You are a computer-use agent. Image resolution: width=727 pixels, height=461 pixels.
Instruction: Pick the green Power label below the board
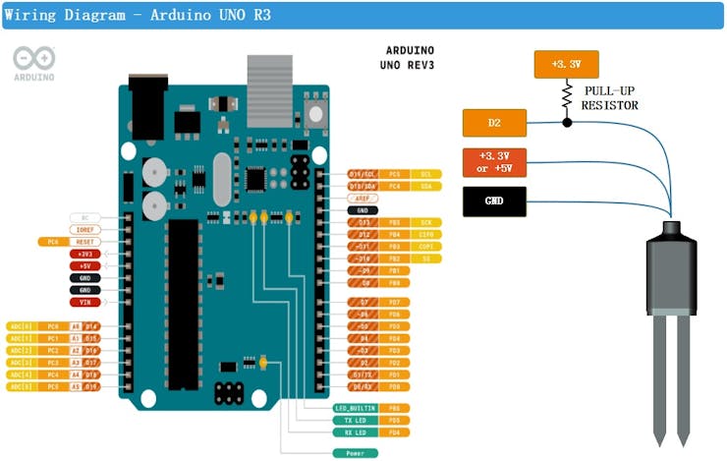(355, 453)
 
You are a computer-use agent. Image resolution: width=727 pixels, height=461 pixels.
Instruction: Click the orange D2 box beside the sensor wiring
(494, 124)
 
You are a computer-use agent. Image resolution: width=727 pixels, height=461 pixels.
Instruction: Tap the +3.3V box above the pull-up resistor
(566, 65)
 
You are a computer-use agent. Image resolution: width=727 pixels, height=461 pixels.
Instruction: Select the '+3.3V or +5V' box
(494, 162)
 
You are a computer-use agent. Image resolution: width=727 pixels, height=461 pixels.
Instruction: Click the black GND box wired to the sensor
(494, 201)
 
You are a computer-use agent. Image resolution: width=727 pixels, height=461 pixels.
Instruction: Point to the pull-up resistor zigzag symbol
(567, 96)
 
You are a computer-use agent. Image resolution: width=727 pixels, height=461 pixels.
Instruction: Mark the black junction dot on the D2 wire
(567, 124)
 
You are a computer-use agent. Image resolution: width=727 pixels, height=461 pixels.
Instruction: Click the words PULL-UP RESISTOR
(609, 97)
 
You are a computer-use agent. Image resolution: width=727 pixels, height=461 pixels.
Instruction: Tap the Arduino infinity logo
(33, 59)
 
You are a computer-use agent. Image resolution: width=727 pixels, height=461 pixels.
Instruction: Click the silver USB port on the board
(269, 77)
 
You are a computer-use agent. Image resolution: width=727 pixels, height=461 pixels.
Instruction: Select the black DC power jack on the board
(146, 103)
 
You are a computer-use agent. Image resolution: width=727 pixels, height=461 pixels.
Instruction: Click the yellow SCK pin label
(426, 222)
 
